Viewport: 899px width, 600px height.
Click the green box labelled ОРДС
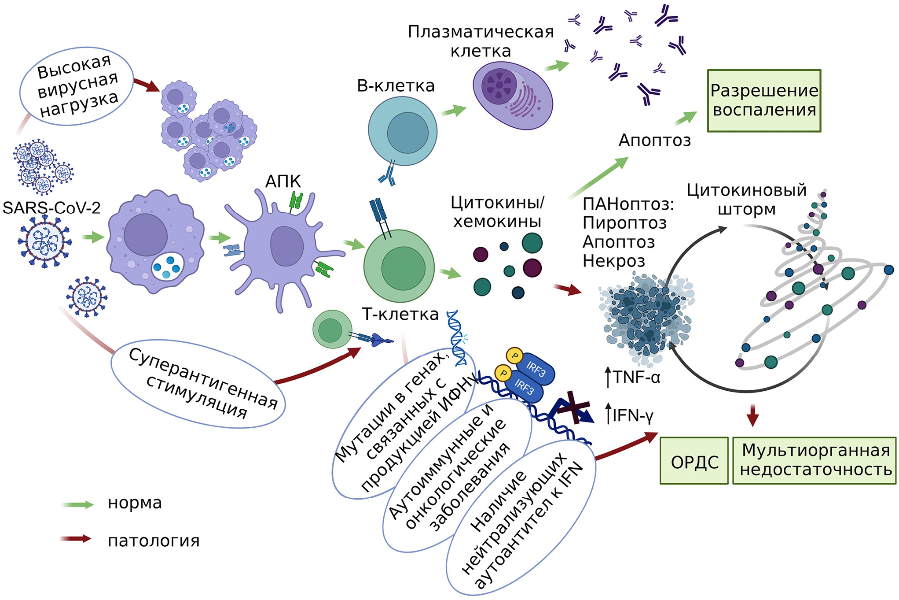point(694,461)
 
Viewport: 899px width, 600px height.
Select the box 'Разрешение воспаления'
point(764,100)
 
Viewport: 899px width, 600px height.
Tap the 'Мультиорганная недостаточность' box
point(815,461)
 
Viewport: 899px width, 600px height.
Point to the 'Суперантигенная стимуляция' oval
point(198,383)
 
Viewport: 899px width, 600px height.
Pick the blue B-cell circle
point(402,131)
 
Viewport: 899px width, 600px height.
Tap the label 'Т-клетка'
point(400,315)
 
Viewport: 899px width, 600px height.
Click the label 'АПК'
point(283,181)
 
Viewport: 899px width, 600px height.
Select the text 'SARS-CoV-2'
point(51,207)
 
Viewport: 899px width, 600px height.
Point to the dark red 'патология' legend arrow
point(76,539)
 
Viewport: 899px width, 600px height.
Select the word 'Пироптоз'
point(624,223)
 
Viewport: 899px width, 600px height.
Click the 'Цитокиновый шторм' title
point(746,199)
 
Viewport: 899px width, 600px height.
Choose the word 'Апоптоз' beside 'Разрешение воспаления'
point(654,140)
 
